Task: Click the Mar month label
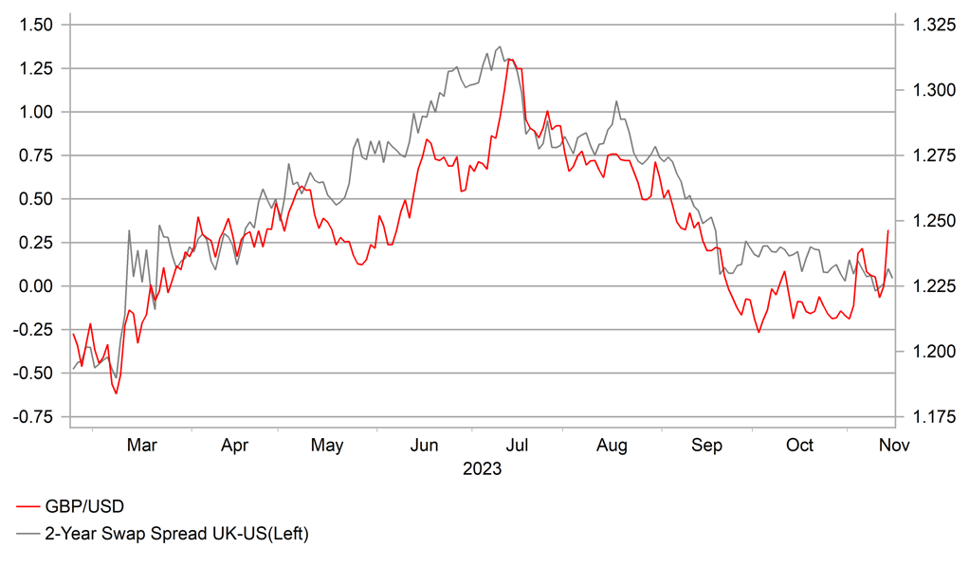coord(141,445)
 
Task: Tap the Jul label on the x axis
coord(518,445)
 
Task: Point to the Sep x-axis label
coord(706,445)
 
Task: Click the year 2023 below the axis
coord(482,468)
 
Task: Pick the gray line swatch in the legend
coord(27,534)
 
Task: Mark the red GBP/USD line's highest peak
coord(509,60)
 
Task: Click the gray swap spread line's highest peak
coord(500,46)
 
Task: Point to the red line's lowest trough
coord(116,393)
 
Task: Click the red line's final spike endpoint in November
coord(888,230)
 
